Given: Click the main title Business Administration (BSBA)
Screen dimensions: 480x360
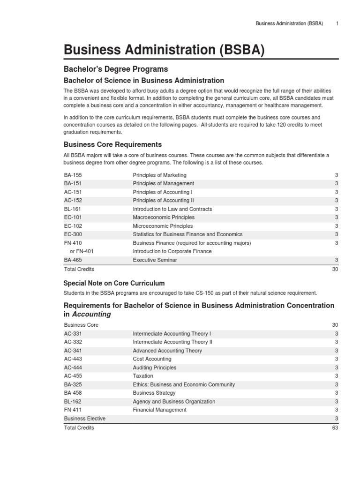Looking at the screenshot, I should pyautogui.click(x=164, y=49).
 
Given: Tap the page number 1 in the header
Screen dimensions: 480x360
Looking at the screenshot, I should pyautogui.click(x=337, y=23).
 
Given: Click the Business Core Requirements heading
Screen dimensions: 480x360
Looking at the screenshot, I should pyautogui.click(x=112, y=144).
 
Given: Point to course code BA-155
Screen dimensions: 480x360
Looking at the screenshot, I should pyautogui.click(x=73, y=175).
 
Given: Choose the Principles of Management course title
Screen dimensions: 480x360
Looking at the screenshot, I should pyautogui.click(x=163, y=183).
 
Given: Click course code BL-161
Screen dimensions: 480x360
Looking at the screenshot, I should pyautogui.click(x=73, y=209).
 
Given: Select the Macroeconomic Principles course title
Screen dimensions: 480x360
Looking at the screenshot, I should pyautogui.click(x=164, y=217).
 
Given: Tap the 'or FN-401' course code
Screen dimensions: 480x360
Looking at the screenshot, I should pyautogui.click(x=82, y=251).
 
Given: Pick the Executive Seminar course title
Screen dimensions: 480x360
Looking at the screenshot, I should pyautogui.click(x=155, y=260).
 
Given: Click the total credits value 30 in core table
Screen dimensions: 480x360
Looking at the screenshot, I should pyautogui.click(x=335, y=269).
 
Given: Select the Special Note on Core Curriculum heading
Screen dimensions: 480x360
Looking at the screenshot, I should pyautogui.click(x=114, y=283).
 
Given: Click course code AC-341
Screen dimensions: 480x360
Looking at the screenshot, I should pyautogui.click(x=74, y=351).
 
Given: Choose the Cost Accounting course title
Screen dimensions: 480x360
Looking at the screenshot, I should pyautogui.click(x=152, y=359).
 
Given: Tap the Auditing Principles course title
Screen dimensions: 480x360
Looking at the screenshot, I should pyautogui.click(x=155, y=367).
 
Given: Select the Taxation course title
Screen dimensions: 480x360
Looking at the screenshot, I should pyautogui.click(x=143, y=376).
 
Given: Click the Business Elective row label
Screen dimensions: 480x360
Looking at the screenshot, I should pyautogui.click(x=85, y=419).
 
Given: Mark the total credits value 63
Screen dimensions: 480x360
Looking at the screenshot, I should pyautogui.click(x=335, y=427).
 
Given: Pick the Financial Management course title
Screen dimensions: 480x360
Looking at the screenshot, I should pyautogui.click(x=159, y=410).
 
